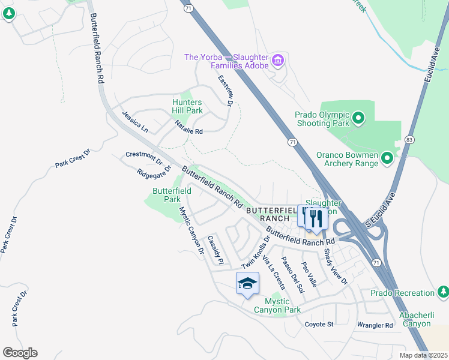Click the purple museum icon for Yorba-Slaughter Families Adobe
(x=277, y=60)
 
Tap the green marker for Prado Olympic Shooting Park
(x=358, y=118)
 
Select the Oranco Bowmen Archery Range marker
(x=387, y=158)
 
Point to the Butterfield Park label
(x=172, y=195)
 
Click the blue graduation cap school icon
(x=247, y=284)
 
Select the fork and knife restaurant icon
(x=317, y=218)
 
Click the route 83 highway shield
(x=409, y=139)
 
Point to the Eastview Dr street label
(x=225, y=91)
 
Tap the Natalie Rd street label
(x=188, y=127)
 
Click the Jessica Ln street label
(x=135, y=121)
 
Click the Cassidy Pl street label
(x=215, y=250)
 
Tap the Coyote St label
(x=319, y=325)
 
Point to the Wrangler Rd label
(x=375, y=325)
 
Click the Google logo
(x=20, y=353)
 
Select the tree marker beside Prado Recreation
(x=443, y=292)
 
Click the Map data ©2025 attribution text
(x=423, y=355)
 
